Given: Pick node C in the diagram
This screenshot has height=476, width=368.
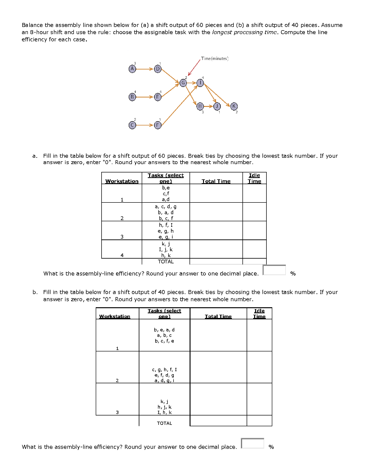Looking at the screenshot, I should point(132,125).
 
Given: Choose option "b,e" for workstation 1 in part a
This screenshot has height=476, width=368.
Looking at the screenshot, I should point(165,188).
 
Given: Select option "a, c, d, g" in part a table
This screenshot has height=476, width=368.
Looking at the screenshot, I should point(165,206).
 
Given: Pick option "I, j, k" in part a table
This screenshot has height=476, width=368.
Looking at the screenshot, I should point(165,249).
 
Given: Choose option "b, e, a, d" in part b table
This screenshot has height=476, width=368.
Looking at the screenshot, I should point(165,329).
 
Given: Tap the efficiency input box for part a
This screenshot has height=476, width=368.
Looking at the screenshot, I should point(274,271).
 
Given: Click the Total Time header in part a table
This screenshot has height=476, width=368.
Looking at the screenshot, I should point(216,181).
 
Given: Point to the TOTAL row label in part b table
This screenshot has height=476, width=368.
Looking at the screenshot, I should point(164,423).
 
